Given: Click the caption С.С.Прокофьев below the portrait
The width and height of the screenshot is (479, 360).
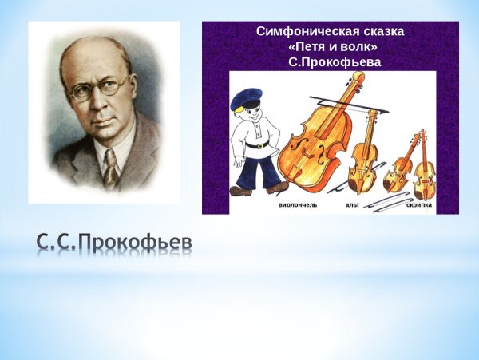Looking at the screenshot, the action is (114, 242).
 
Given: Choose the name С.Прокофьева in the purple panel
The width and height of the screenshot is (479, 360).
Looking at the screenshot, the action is (335, 62).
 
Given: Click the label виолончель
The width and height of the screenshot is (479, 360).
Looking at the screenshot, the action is (298, 205).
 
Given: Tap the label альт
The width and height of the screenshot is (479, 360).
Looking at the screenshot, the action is (352, 205).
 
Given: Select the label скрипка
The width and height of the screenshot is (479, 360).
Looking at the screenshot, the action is (419, 205).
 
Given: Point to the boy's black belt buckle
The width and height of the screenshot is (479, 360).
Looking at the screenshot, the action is (260, 146).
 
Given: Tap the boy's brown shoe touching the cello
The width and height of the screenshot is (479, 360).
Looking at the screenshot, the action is (277, 188).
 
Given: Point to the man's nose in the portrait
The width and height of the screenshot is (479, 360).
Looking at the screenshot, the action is (98, 102).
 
